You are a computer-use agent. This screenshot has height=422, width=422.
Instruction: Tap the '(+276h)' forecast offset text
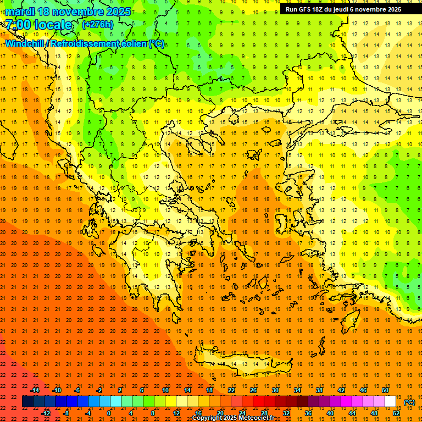point(97,24)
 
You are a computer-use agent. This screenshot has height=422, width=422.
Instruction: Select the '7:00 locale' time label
point(38,25)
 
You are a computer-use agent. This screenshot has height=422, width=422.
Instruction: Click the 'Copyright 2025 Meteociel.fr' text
point(233,418)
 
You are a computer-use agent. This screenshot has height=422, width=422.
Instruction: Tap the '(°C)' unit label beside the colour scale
point(409,402)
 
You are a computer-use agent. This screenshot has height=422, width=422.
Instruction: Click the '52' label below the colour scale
point(396,413)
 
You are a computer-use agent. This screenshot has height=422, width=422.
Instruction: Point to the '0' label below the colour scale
point(109,413)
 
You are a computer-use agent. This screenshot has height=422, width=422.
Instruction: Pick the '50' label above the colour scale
point(385,390)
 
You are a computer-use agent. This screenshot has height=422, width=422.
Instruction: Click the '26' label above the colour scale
point(253,390)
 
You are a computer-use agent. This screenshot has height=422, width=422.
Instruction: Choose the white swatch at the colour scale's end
point(391,402)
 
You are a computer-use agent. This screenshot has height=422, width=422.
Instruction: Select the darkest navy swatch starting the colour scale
point(27,402)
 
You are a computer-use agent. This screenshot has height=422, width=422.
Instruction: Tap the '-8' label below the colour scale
point(66,413)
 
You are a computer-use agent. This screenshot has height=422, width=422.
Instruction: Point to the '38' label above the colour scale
point(319,390)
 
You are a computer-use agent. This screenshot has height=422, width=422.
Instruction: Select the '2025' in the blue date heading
point(118,12)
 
